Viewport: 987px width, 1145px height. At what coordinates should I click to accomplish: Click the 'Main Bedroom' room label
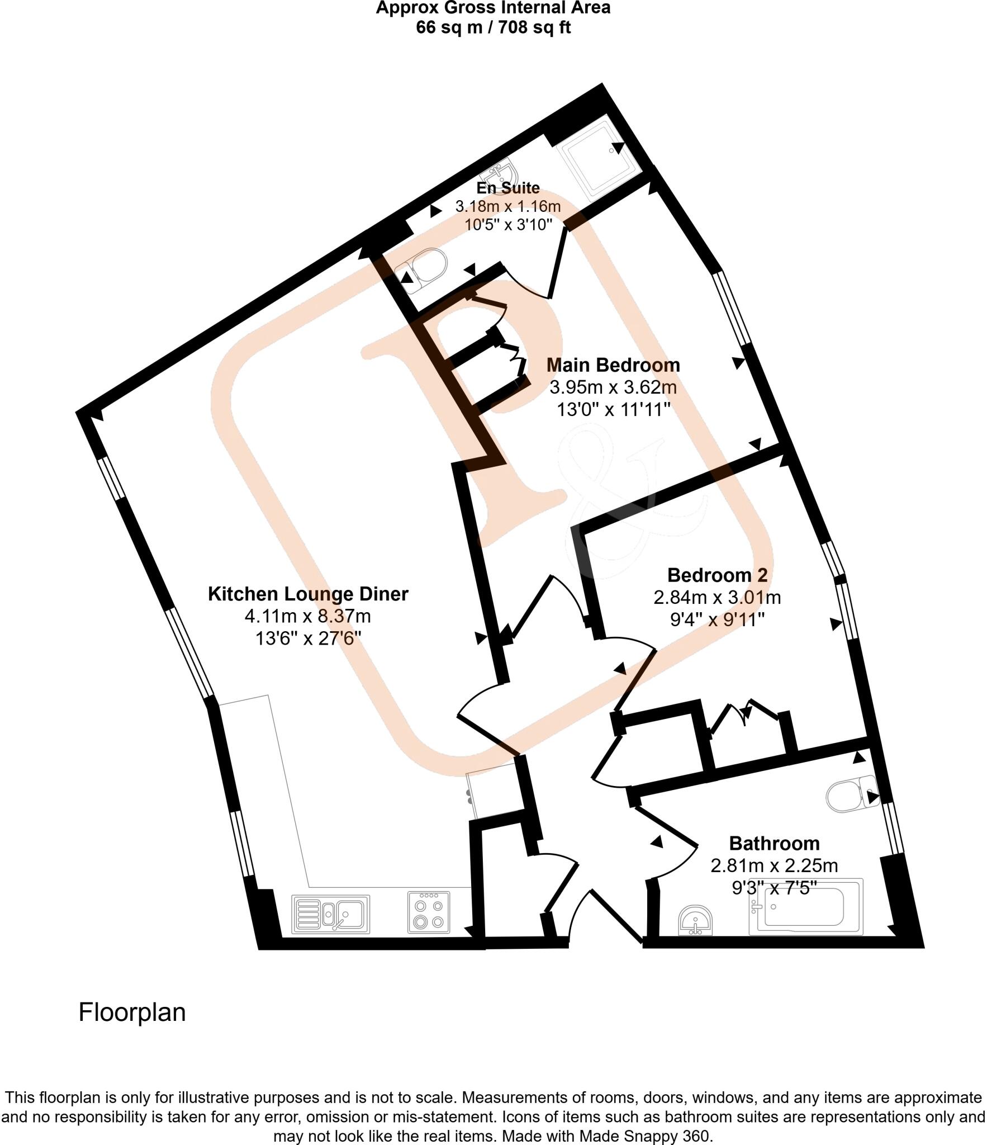point(613,365)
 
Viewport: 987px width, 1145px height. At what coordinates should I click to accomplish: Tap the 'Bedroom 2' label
point(717,575)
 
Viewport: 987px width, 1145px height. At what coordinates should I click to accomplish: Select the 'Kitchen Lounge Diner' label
point(308,593)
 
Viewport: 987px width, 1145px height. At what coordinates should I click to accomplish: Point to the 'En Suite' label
point(508,188)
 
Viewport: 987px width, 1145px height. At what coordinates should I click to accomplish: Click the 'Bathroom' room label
point(774,843)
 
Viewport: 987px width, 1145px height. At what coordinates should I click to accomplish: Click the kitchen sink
point(330,915)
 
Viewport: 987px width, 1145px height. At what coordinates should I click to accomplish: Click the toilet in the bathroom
point(850,796)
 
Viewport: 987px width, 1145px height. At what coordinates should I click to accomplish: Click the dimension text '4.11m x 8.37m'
point(308,616)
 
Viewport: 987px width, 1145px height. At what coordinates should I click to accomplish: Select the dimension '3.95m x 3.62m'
point(613,387)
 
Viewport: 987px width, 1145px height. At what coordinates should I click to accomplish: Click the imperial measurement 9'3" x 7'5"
point(774,887)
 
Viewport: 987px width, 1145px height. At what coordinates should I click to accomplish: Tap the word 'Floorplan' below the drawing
point(132,1012)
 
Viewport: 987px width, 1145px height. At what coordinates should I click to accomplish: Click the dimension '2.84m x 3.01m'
point(717,598)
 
